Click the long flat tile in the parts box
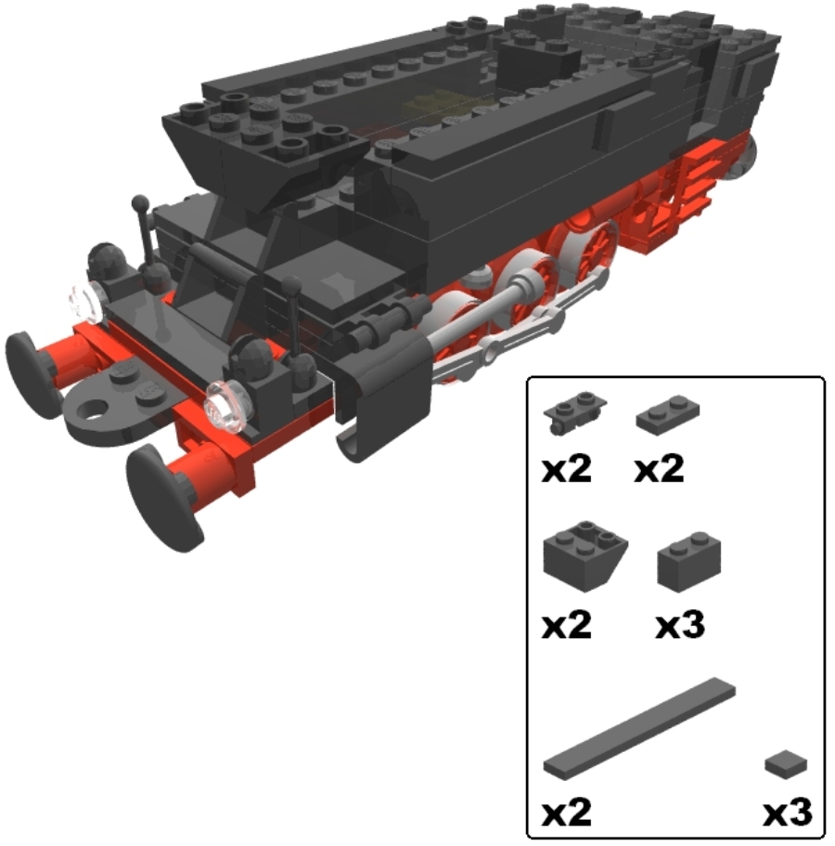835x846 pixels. coord(639,728)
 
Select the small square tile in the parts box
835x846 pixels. coord(786,764)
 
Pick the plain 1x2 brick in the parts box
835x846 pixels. coord(689,562)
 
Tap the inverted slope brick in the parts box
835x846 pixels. coord(584,555)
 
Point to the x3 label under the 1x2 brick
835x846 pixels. coord(680,625)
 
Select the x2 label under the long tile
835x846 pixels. coord(567,812)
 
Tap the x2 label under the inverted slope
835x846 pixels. coord(567,625)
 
